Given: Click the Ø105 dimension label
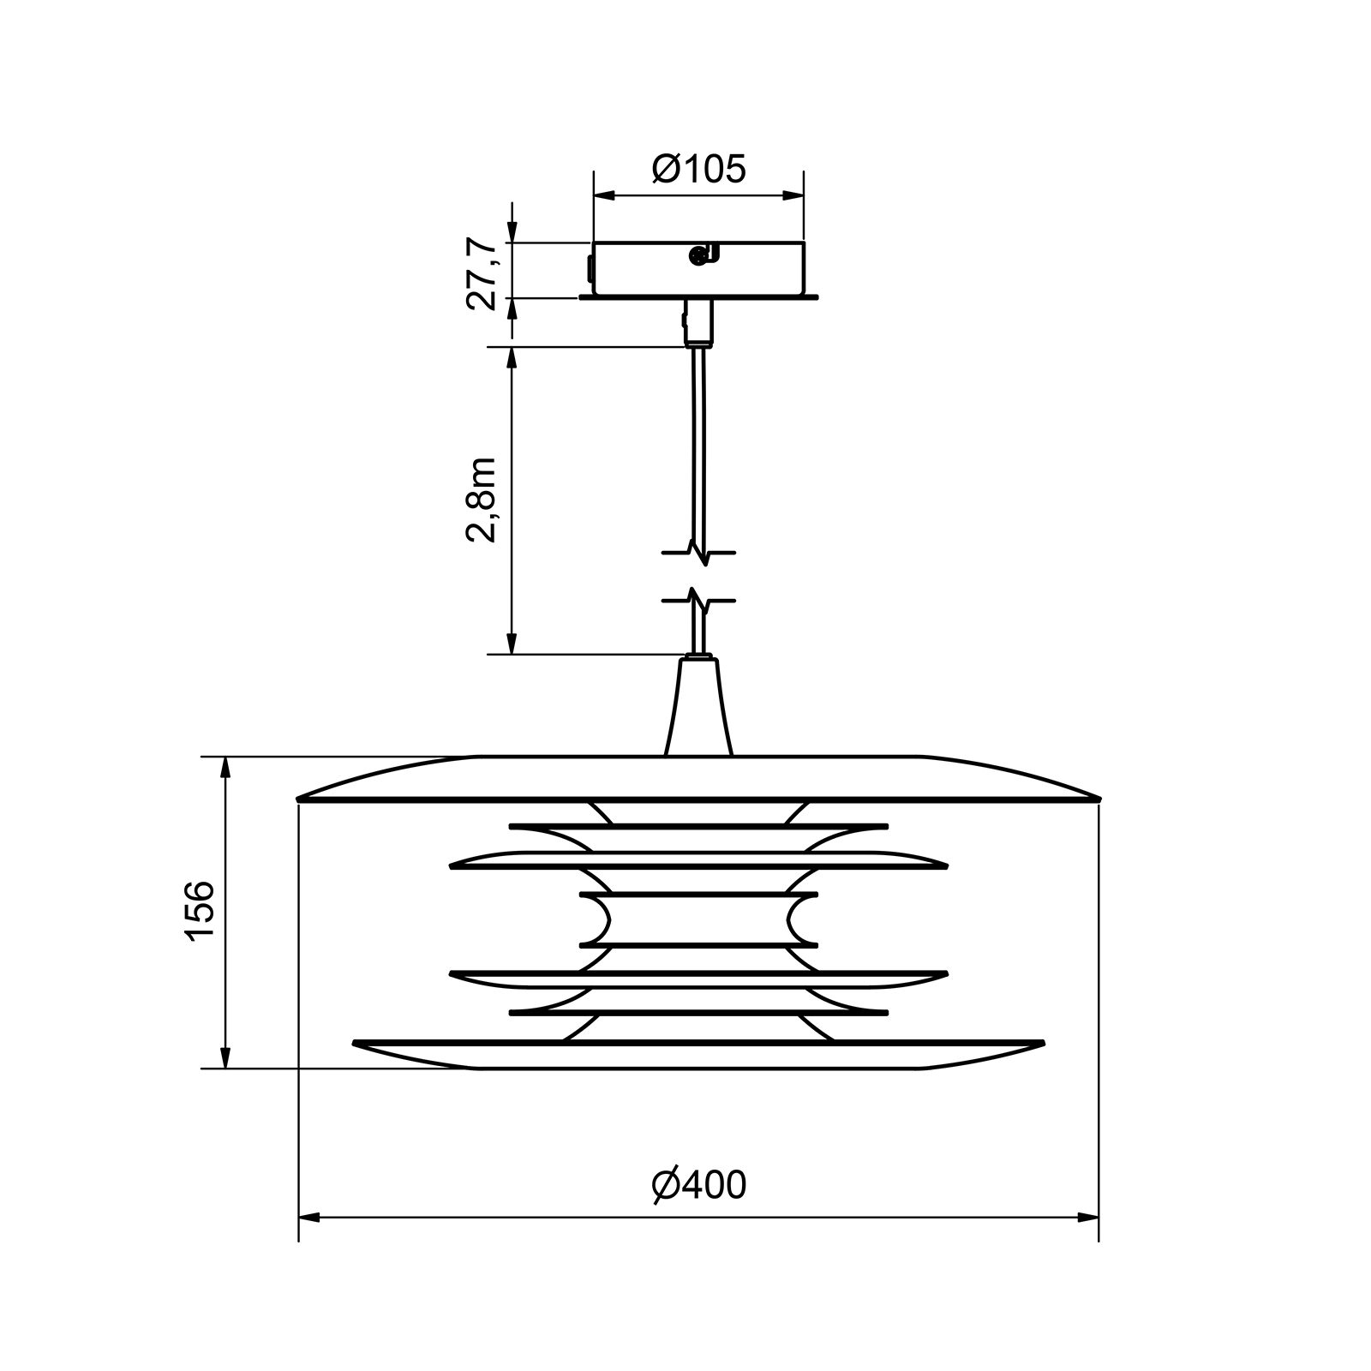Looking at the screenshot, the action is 699,170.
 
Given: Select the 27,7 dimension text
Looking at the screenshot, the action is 482,272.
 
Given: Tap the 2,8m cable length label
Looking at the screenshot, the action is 482,500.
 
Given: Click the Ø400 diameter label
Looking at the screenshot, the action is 699,1185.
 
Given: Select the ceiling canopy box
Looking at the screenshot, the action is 699,271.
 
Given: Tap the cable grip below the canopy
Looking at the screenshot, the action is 699,322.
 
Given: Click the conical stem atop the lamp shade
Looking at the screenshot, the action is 698,706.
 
